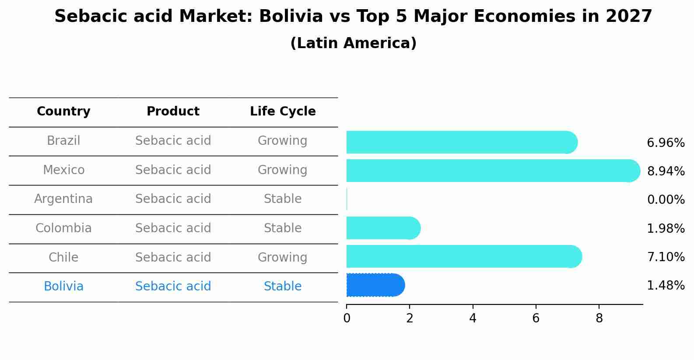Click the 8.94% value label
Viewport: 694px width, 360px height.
666,171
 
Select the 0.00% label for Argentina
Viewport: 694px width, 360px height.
666,200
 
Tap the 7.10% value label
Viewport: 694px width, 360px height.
666,257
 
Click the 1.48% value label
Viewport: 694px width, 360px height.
666,286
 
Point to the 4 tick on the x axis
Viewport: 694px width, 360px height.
473,318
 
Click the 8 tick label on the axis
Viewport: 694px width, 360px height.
599,318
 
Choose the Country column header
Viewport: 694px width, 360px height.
63,112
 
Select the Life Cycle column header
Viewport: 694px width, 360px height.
283,112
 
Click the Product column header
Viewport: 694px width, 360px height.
173,112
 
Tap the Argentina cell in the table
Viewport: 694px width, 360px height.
63,199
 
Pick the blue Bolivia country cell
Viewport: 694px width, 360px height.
63,287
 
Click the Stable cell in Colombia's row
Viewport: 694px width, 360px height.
283,228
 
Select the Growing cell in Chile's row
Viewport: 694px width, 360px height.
283,257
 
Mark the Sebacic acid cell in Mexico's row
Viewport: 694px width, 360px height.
173,170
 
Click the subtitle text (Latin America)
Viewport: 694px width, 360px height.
353,43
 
